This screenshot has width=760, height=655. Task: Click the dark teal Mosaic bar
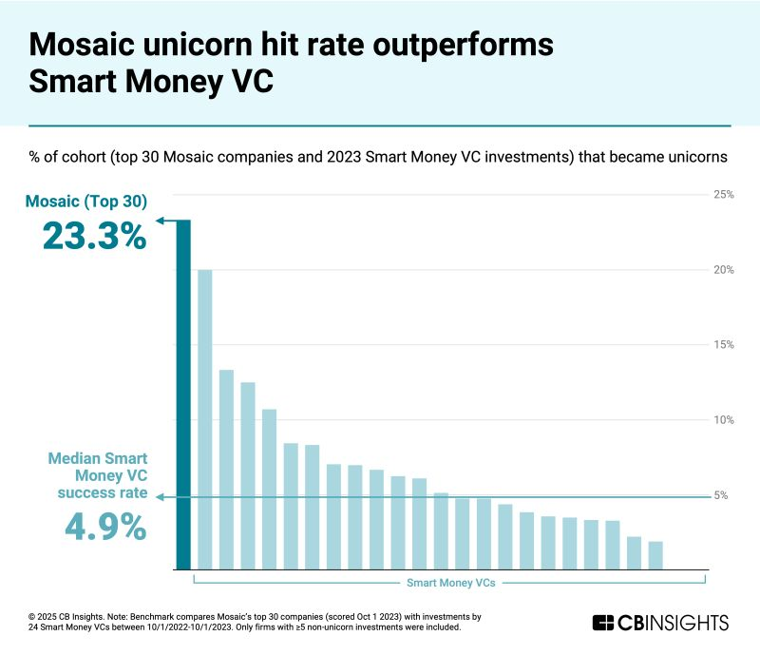pos(183,395)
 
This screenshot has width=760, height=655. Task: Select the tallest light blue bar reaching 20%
pos(204,419)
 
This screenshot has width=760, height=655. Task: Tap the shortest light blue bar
pos(655,555)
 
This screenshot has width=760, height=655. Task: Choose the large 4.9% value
pos(105,526)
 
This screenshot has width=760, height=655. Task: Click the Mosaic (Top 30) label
pos(86,201)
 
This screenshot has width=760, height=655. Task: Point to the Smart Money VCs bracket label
pos(449,582)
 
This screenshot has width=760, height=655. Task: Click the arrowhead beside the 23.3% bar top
pos(161,221)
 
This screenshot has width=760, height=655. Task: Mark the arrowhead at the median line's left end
pos(161,496)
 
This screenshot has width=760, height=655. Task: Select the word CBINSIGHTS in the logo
pos(674,623)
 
